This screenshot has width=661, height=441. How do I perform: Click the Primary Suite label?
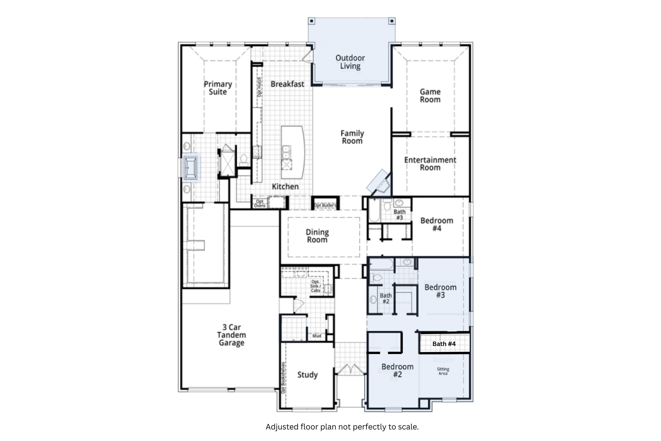(x=218, y=88)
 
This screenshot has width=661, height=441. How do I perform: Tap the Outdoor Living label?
(x=350, y=62)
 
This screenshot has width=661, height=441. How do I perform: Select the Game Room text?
(x=430, y=96)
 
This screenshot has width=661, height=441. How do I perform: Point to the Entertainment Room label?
(x=430, y=164)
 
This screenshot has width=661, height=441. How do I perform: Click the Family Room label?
(x=352, y=137)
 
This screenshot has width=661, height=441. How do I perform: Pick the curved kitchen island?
(x=293, y=152)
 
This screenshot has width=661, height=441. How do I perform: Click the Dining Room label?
(x=317, y=236)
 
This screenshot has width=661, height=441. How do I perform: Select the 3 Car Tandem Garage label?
(x=231, y=335)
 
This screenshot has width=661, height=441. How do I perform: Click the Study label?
(x=307, y=375)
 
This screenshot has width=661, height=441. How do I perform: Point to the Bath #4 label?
(x=444, y=344)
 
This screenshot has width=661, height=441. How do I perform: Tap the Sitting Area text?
(x=443, y=371)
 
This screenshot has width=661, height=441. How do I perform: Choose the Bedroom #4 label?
(x=437, y=224)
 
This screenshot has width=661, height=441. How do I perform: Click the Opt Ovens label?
(x=260, y=203)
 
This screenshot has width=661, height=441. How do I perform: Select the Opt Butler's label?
(x=325, y=205)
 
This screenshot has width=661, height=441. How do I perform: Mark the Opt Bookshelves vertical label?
(x=283, y=378)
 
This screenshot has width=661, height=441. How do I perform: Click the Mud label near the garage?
(x=317, y=336)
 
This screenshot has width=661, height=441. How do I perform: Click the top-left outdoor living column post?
(x=311, y=21)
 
